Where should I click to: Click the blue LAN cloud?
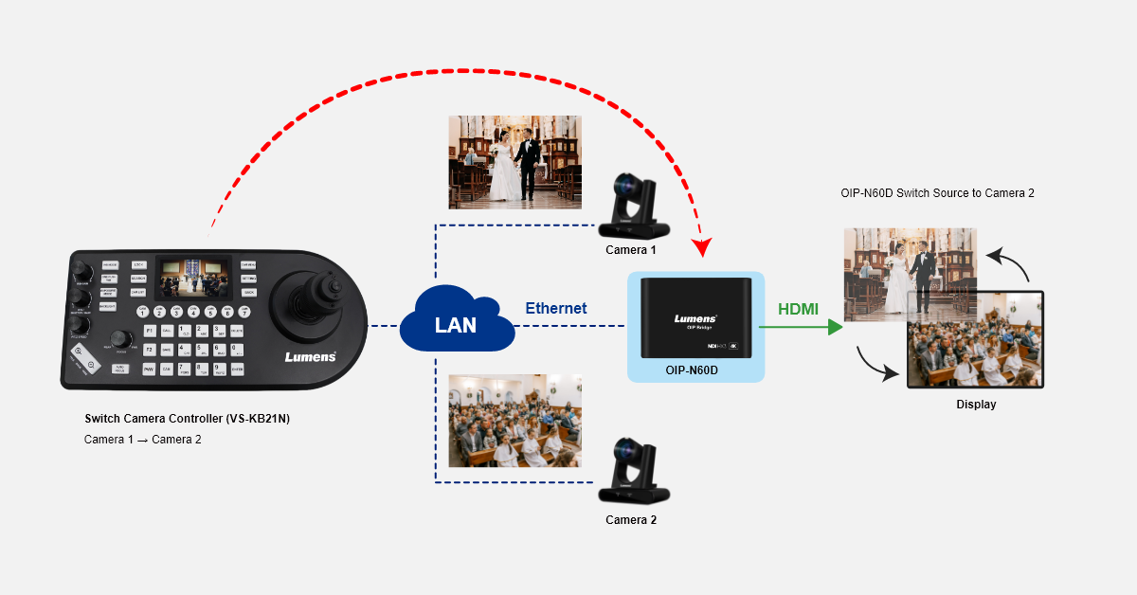[x=456, y=324]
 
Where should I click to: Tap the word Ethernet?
[x=556, y=309]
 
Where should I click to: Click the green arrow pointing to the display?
[x=801, y=327]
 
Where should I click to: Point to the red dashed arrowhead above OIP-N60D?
[x=702, y=248]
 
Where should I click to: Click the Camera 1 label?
[x=631, y=250]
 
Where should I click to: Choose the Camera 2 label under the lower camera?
[x=631, y=519]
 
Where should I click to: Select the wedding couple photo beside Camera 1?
[x=514, y=162]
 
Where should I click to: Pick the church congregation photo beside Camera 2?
[x=514, y=421]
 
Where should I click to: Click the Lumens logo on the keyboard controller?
[x=310, y=357]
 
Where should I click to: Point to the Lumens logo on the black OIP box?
[x=695, y=319]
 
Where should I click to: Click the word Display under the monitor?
[x=975, y=405]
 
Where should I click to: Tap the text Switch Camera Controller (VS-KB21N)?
[x=187, y=419]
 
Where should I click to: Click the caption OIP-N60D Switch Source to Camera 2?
[x=937, y=193]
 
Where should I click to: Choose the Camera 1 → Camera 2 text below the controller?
[x=142, y=440]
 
